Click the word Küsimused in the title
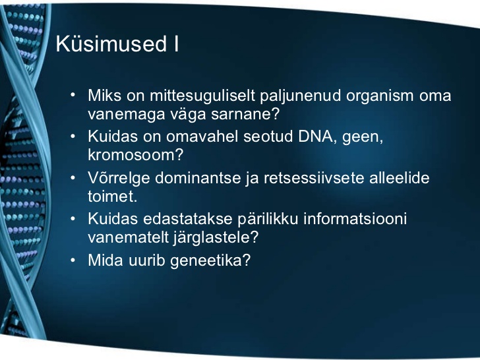111,44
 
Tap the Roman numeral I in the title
176,44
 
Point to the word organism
380,96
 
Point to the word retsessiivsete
314,178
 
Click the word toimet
112,196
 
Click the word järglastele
216,238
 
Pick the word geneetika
210,261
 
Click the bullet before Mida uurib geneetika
73,260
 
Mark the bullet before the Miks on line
73,95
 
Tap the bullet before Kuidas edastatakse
73,219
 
